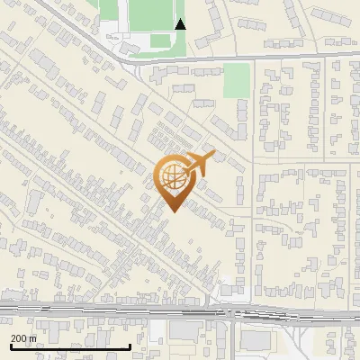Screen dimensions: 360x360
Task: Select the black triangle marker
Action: click(181, 24)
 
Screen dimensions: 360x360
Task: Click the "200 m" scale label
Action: click(24, 337)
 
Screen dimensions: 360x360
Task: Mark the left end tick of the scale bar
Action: click(10, 345)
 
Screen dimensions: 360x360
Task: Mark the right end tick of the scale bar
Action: click(130, 345)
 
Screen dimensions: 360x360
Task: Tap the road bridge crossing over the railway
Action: click(232, 314)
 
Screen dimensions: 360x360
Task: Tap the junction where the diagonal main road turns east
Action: click(129, 58)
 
